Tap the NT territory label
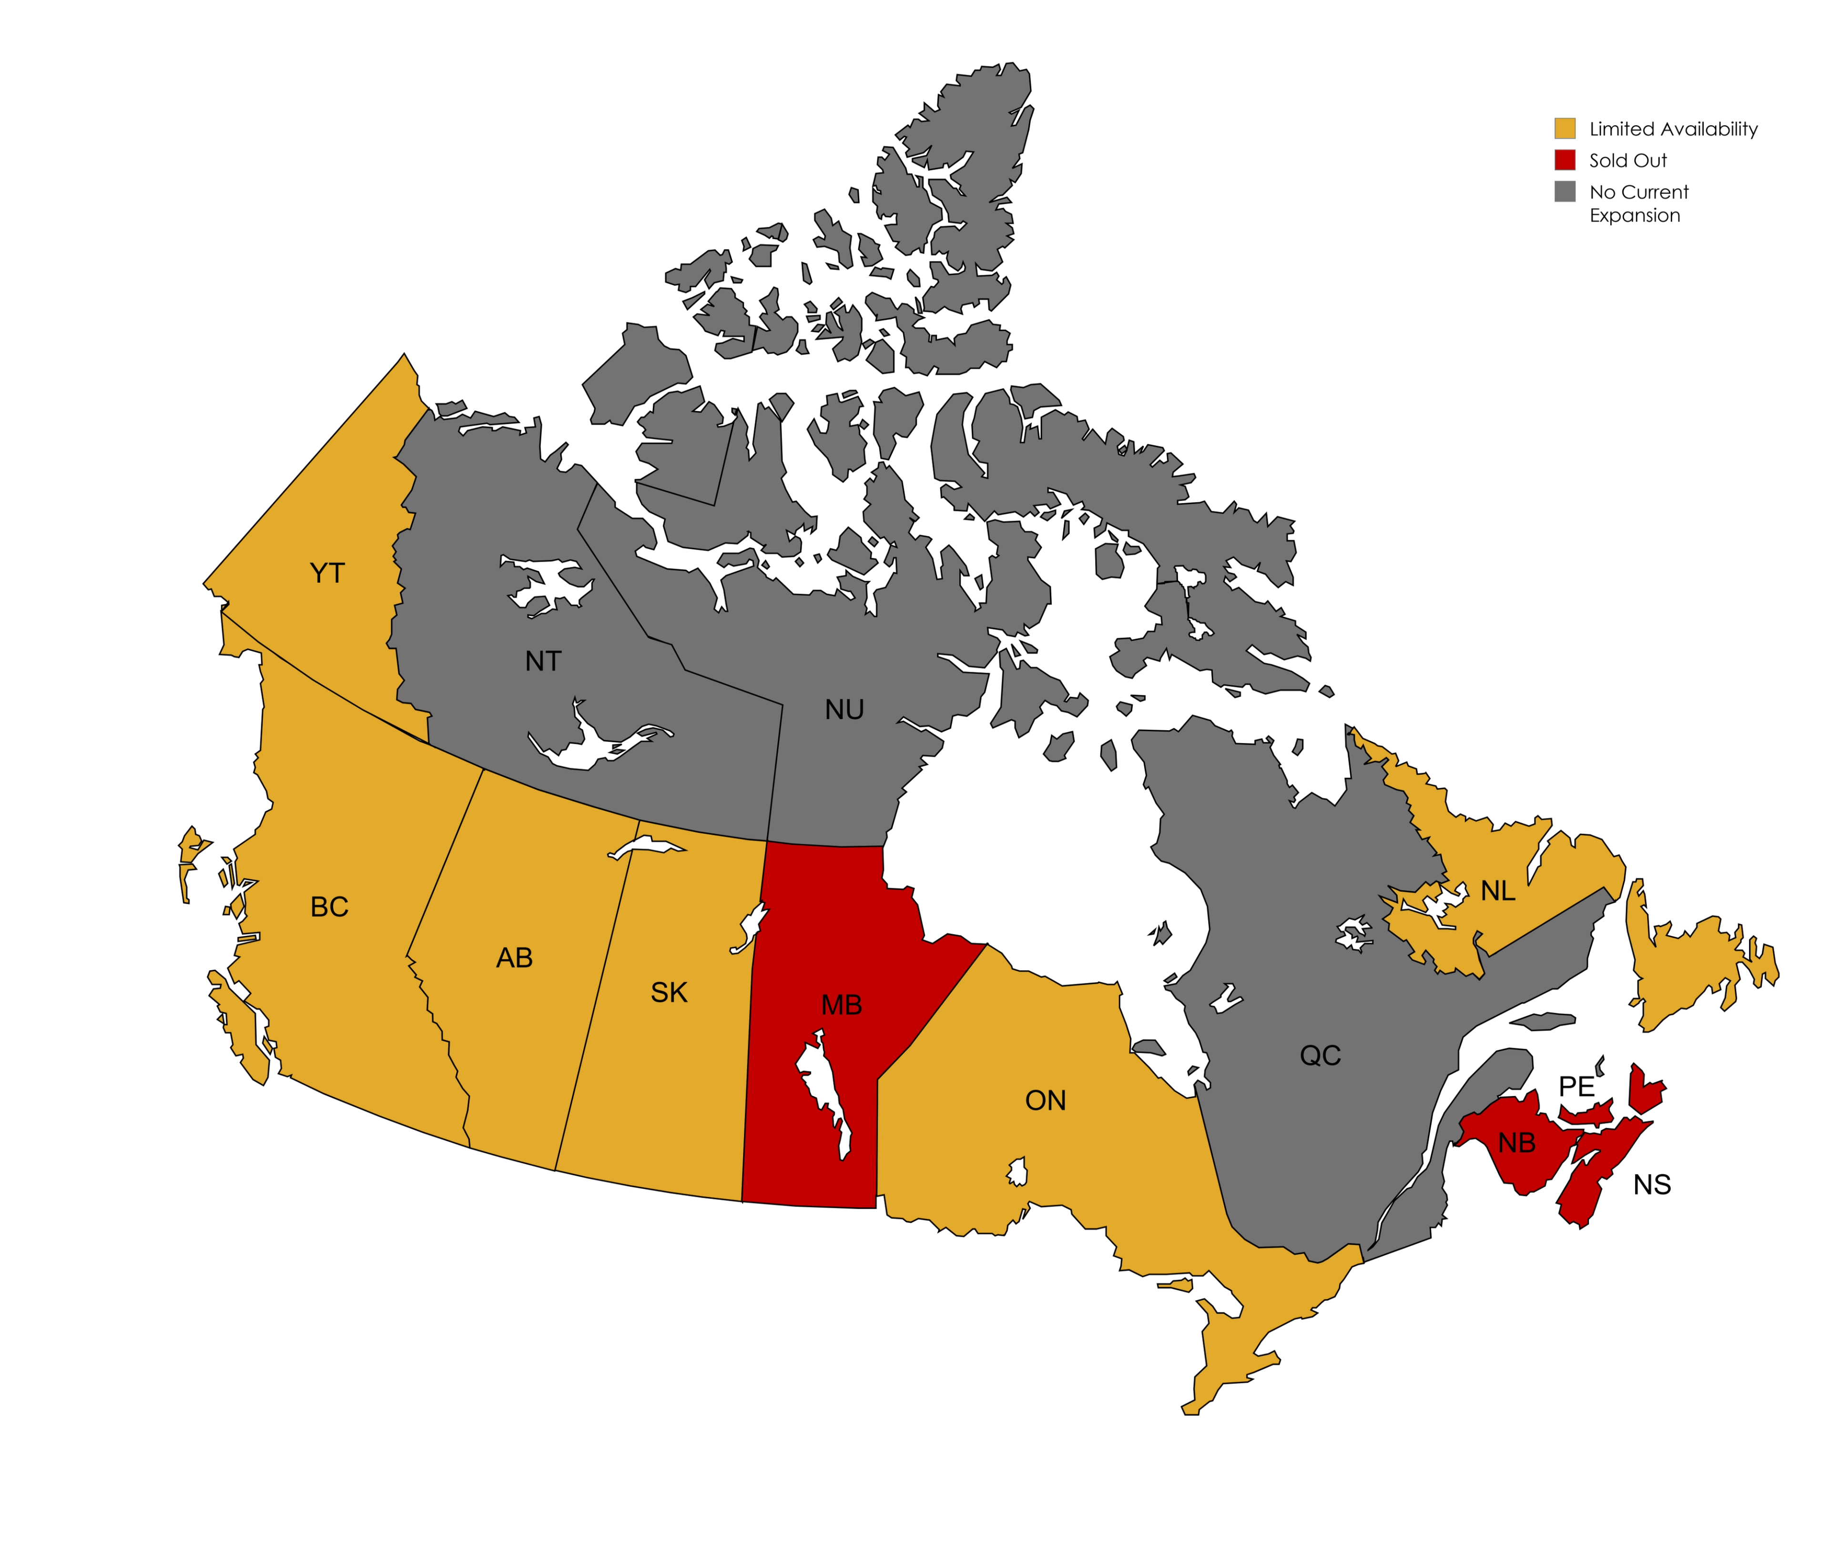tap(543, 661)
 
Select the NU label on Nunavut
tap(844, 710)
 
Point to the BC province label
tap(329, 907)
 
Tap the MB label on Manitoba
tap(842, 1006)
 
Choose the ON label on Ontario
tap(1045, 1101)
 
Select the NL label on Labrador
tap(1498, 891)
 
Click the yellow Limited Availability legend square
tap(1565, 129)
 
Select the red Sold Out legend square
tap(1565, 160)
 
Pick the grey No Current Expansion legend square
tap(1565, 191)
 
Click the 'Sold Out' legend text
tap(1627, 161)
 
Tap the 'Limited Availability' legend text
tap(1673, 129)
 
